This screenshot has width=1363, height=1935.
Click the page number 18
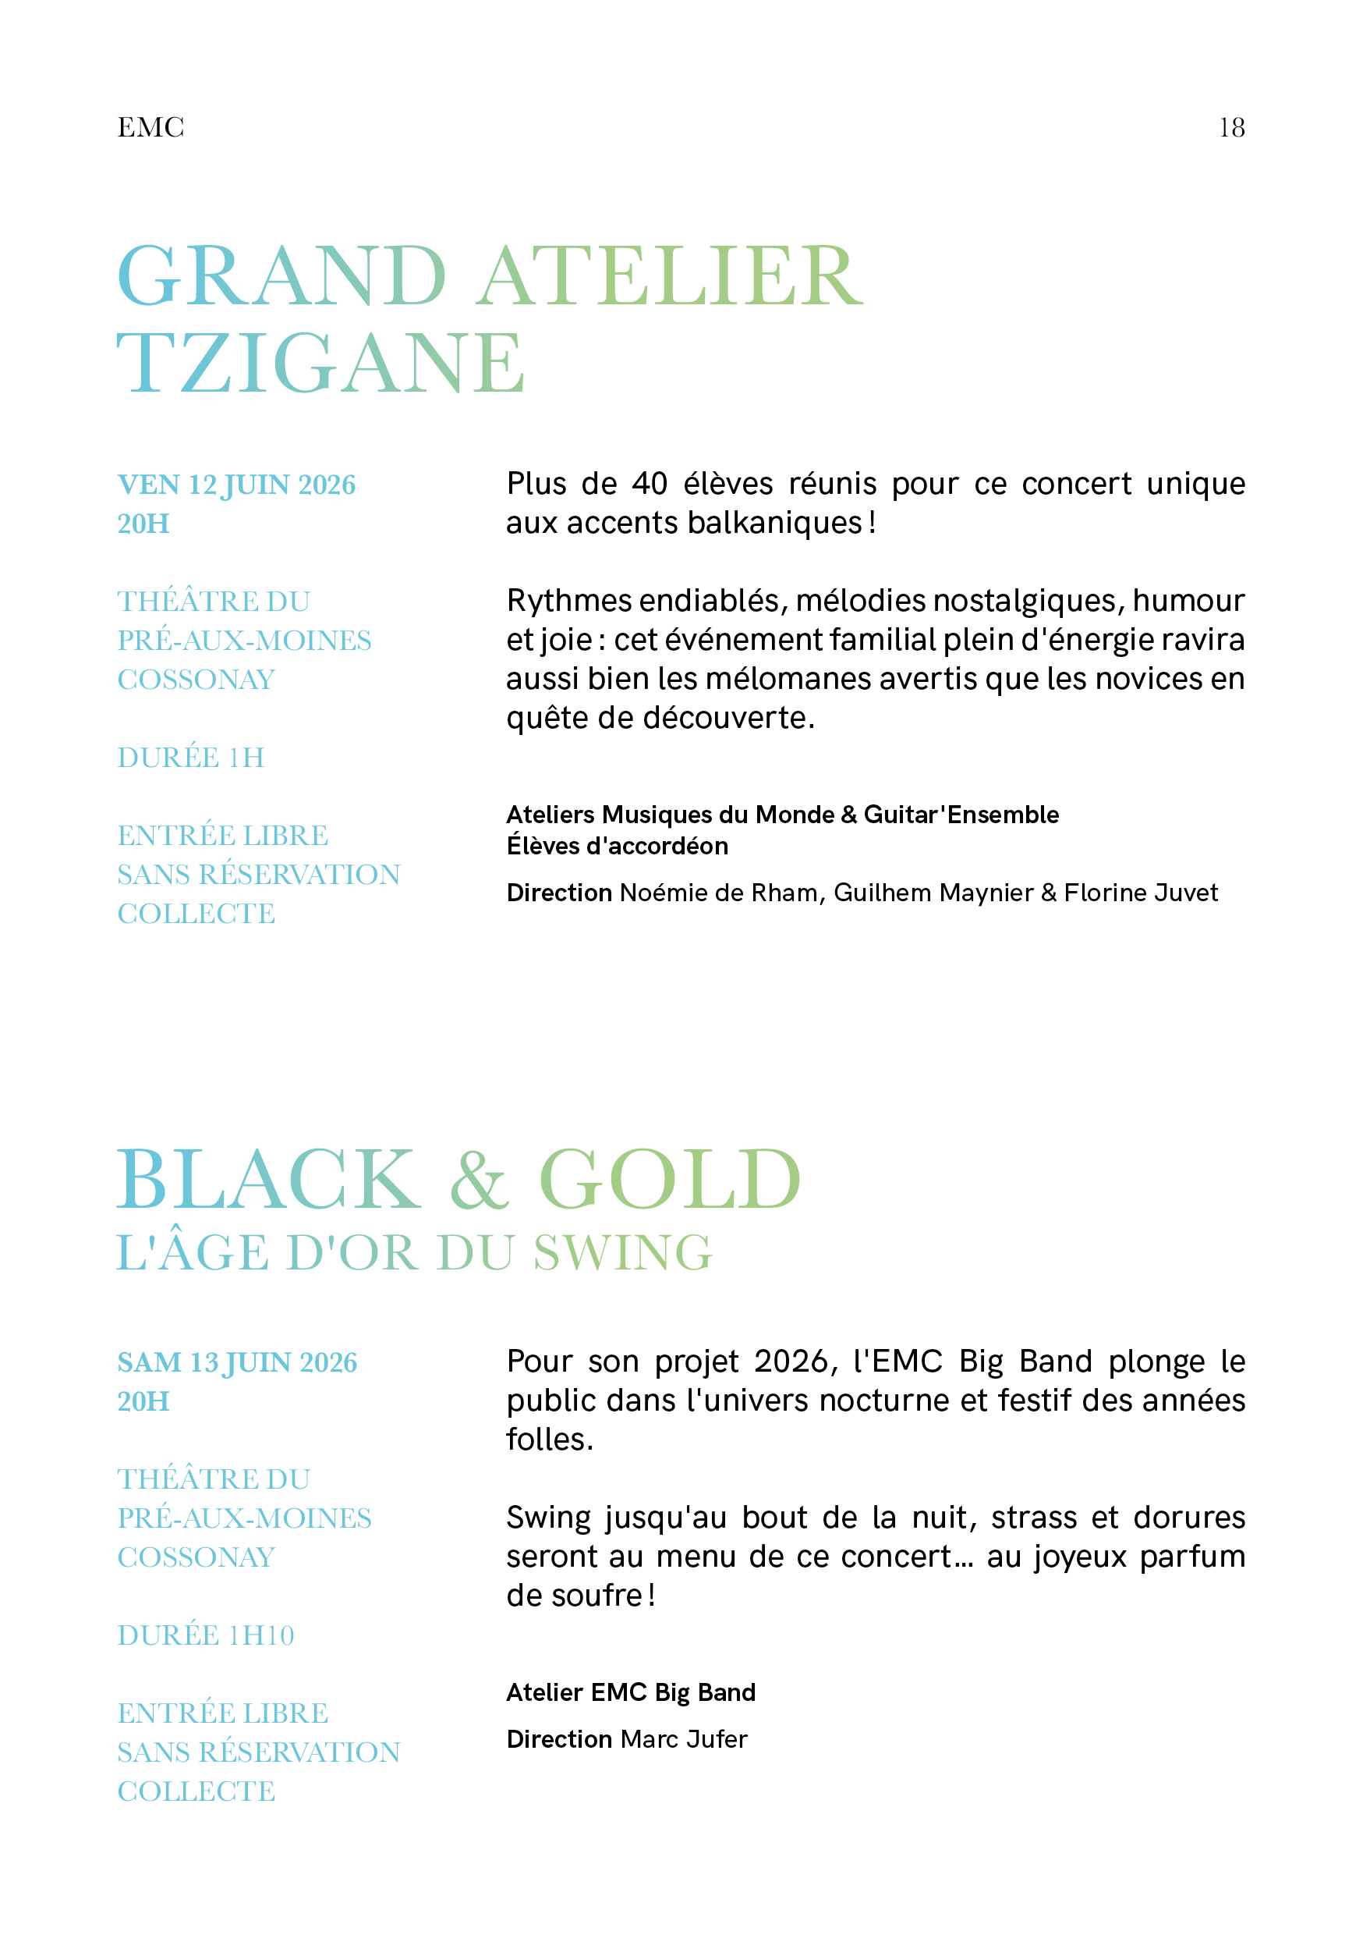pos(1230,128)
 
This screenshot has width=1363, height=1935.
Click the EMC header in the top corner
pos(150,128)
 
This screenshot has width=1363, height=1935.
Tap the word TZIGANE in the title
pos(320,364)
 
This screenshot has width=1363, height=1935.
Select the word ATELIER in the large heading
pos(670,276)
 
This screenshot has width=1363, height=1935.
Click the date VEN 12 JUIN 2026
pos(237,485)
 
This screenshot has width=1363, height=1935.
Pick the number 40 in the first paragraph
pos(650,484)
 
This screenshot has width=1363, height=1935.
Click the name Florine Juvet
pos(1141,893)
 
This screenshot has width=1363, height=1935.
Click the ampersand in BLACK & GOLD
pos(480,1180)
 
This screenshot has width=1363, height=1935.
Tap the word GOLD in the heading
pos(670,1180)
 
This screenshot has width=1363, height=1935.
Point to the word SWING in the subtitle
pos(623,1253)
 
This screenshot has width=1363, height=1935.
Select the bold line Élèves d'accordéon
pos(618,846)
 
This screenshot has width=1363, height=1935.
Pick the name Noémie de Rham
pos(720,893)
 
